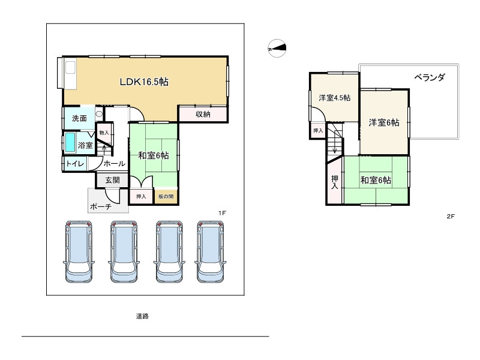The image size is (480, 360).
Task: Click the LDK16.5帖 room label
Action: [x=144, y=82]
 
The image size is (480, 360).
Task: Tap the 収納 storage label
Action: [x=203, y=114]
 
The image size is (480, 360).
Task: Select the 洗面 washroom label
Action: [x=79, y=118]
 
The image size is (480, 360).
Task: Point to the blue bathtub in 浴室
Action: [x=70, y=142]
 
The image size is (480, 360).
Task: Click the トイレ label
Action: [x=75, y=163]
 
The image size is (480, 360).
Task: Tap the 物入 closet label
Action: [x=104, y=133]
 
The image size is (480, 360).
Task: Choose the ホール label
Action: [x=114, y=163]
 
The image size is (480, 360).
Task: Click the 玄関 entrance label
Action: [x=112, y=180]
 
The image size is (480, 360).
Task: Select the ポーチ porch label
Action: [x=101, y=206]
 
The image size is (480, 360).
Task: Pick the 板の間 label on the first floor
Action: [x=166, y=196]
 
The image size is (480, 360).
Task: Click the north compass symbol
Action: [x=277, y=48]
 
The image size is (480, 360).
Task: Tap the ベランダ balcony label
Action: [x=429, y=77]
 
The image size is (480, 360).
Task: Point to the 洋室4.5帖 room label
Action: [x=335, y=98]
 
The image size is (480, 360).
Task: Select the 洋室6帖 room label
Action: [x=384, y=122]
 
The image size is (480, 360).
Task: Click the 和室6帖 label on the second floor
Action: [x=376, y=180]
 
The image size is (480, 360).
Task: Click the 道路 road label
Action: [x=142, y=316]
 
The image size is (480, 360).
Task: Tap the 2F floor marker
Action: [x=451, y=216]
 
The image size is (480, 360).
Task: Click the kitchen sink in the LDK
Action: [x=70, y=67]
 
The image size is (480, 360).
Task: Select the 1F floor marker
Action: [x=222, y=213]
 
